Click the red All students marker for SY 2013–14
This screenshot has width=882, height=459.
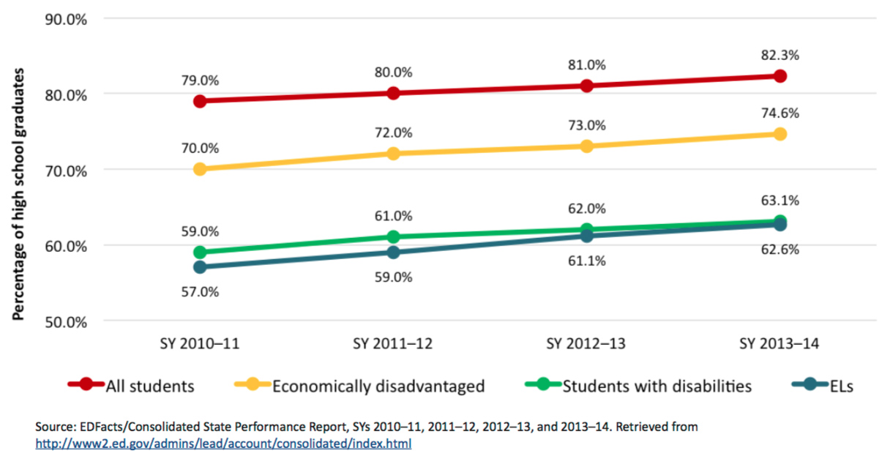[x=780, y=76]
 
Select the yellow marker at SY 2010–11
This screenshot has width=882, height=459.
[x=200, y=169]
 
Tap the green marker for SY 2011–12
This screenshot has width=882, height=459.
[x=393, y=236]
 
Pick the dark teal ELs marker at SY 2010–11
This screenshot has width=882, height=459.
[x=200, y=267]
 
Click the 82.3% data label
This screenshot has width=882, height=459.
[x=780, y=55]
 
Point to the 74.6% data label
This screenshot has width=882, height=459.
[x=780, y=113]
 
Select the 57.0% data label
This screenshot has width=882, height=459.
[x=200, y=291]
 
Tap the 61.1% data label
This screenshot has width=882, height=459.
[x=586, y=261]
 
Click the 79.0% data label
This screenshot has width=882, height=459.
[x=200, y=80]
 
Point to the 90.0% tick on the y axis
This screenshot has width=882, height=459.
[x=67, y=19]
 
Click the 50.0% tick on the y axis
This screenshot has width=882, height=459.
[x=67, y=321]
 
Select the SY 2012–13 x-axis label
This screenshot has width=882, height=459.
[x=586, y=344]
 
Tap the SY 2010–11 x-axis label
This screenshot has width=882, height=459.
[x=200, y=344]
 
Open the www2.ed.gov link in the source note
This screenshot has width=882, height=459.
[x=223, y=444]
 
